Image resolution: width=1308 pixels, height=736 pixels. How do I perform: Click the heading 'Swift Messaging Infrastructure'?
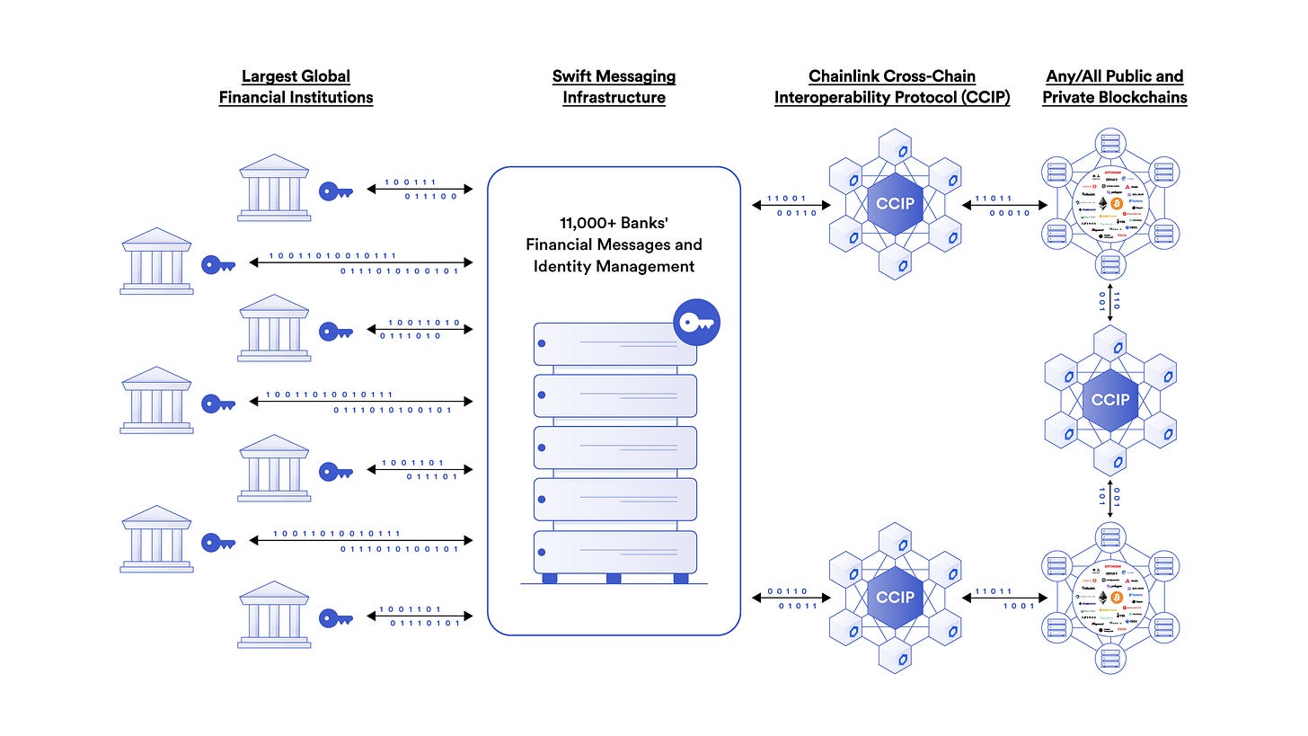point(614,87)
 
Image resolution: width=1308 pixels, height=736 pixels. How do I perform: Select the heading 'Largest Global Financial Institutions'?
point(296,87)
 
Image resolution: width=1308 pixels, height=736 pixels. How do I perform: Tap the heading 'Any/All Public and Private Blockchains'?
point(1114,87)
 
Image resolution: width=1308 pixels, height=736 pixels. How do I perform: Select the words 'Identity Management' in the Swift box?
point(614,266)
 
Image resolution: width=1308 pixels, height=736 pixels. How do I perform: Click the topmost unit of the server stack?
point(614,344)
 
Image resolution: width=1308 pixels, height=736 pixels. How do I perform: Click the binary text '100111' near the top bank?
point(411,182)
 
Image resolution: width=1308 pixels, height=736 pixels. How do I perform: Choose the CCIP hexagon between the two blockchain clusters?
point(1110,400)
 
